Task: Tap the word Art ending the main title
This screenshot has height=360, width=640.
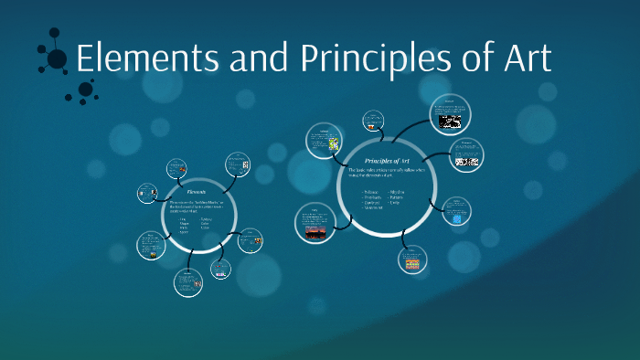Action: tap(523, 59)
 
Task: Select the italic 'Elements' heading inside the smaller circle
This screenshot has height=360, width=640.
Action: tap(197, 193)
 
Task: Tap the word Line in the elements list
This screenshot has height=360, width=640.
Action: tap(181, 218)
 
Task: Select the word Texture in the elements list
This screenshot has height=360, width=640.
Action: tap(207, 218)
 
